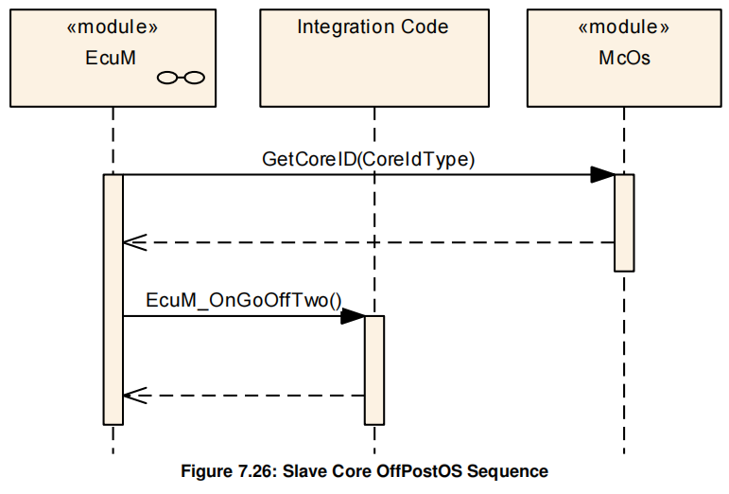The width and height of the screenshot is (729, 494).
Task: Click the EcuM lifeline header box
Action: point(112,58)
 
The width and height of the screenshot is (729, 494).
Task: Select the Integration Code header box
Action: point(373,58)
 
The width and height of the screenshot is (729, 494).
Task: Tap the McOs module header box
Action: point(624,58)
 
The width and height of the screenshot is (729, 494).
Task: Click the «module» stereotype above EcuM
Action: point(112,27)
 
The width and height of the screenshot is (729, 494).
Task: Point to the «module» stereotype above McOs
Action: point(624,27)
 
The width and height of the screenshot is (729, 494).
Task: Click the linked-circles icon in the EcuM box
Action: point(181,79)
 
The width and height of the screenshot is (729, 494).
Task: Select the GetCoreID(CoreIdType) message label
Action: point(368,160)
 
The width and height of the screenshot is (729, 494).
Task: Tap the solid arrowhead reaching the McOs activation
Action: point(602,174)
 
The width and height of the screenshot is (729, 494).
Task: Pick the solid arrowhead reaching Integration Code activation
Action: point(353,316)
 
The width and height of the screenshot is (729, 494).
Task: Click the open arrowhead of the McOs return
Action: point(133,242)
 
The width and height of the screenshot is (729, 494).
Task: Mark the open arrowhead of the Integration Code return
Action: point(133,396)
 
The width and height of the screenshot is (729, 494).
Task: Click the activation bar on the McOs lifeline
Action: point(624,222)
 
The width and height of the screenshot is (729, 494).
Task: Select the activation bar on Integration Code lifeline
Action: point(374,369)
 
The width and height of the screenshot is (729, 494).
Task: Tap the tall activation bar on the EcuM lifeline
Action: point(113,299)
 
